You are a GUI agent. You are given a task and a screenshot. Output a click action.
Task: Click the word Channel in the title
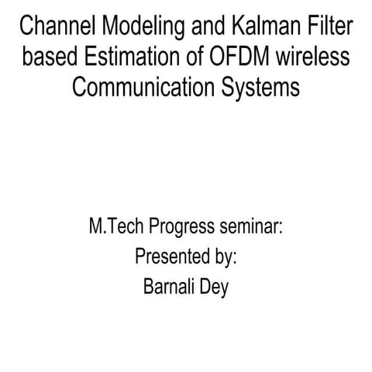[53, 29]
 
